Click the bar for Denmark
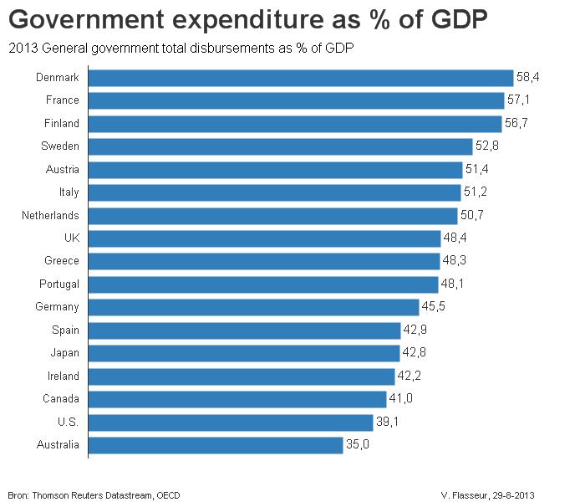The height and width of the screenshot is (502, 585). point(301,78)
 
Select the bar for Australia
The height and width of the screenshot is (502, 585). point(216,445)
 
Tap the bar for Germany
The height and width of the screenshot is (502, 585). point(253,307)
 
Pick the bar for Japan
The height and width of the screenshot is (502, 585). point(244,353)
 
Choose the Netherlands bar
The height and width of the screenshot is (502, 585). point(267,216)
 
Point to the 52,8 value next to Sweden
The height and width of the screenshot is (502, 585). point(489,146)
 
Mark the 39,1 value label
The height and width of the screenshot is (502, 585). point(387,422)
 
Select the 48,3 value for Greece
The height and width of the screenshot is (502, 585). point(455,261)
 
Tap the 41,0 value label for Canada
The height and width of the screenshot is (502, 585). point(401,399)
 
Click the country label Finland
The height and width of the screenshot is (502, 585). point(62,124)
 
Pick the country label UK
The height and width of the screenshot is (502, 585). point(72,238)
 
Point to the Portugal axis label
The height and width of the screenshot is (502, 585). point(59,284)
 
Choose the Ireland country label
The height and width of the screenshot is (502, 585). point(63,376)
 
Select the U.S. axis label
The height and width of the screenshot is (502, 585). point(68,422)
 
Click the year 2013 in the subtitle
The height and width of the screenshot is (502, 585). point(19,48)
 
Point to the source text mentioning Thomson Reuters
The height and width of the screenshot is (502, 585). point(94,494)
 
